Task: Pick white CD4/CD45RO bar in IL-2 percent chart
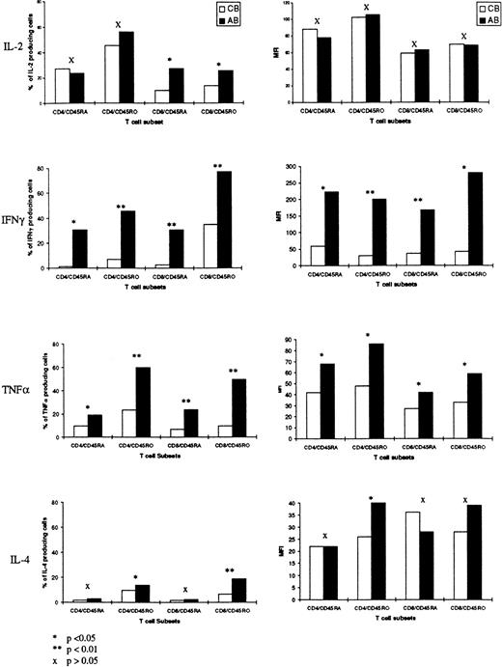point(112,73)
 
